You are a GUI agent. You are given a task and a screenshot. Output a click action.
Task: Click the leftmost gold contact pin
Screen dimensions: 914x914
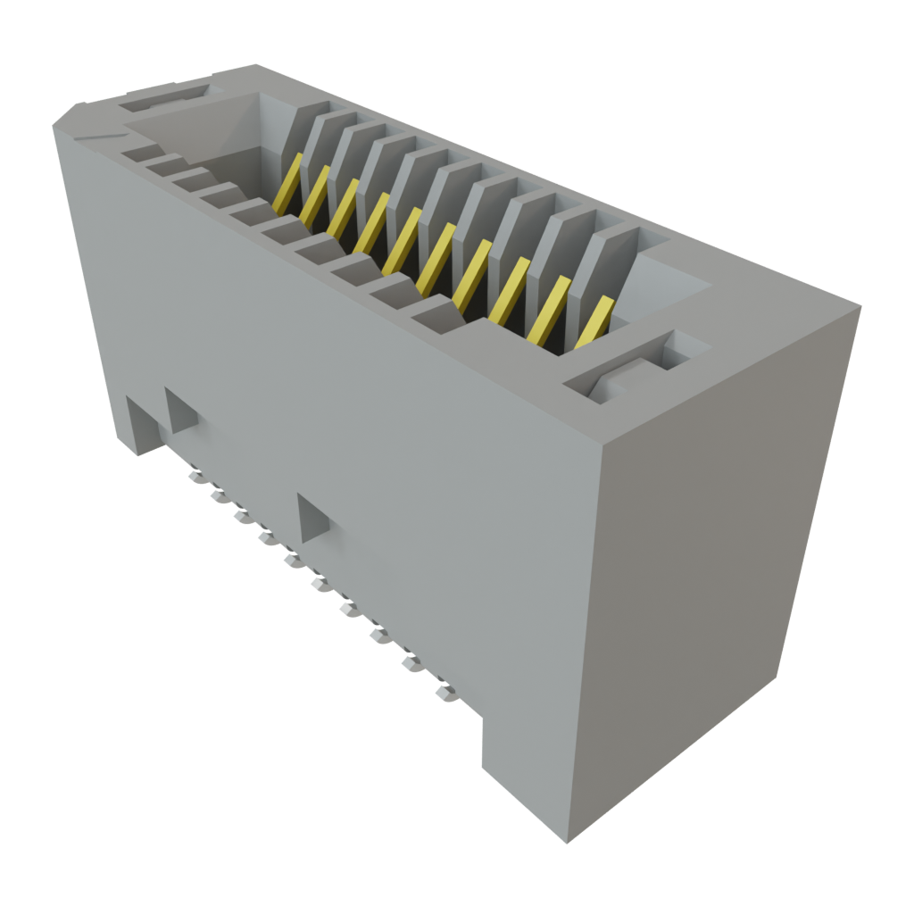tap(287, 184)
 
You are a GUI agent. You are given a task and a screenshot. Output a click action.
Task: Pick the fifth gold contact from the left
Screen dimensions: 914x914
tap(402, 239)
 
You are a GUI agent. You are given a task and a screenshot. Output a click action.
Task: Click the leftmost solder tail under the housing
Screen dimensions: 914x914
tap(194, 476)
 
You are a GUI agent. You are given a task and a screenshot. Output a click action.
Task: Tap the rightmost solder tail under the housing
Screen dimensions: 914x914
tap(444, 692)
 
